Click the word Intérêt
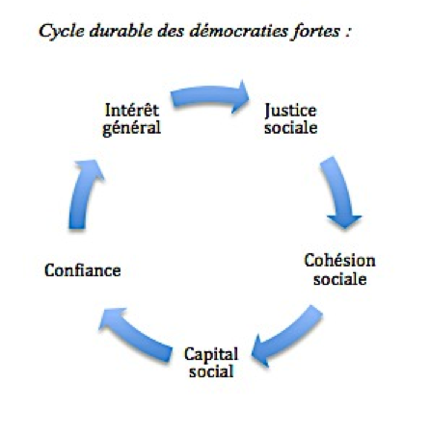pos(132,110)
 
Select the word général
pos(131,128)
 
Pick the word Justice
pos(290,111)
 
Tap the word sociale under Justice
pos(291,127)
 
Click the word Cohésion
pos(339,261)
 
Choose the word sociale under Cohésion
pos(340,278)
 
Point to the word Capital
pos(211,355)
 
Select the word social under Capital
pos(211,371)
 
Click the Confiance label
pos(83,270)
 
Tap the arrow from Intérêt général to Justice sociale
pos(209,94)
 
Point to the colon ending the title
pos(348,33)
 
